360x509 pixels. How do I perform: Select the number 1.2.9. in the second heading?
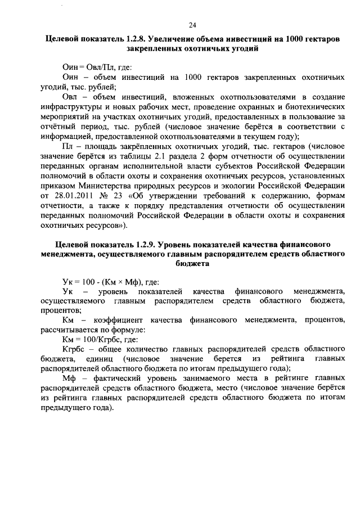pos(146,245)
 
